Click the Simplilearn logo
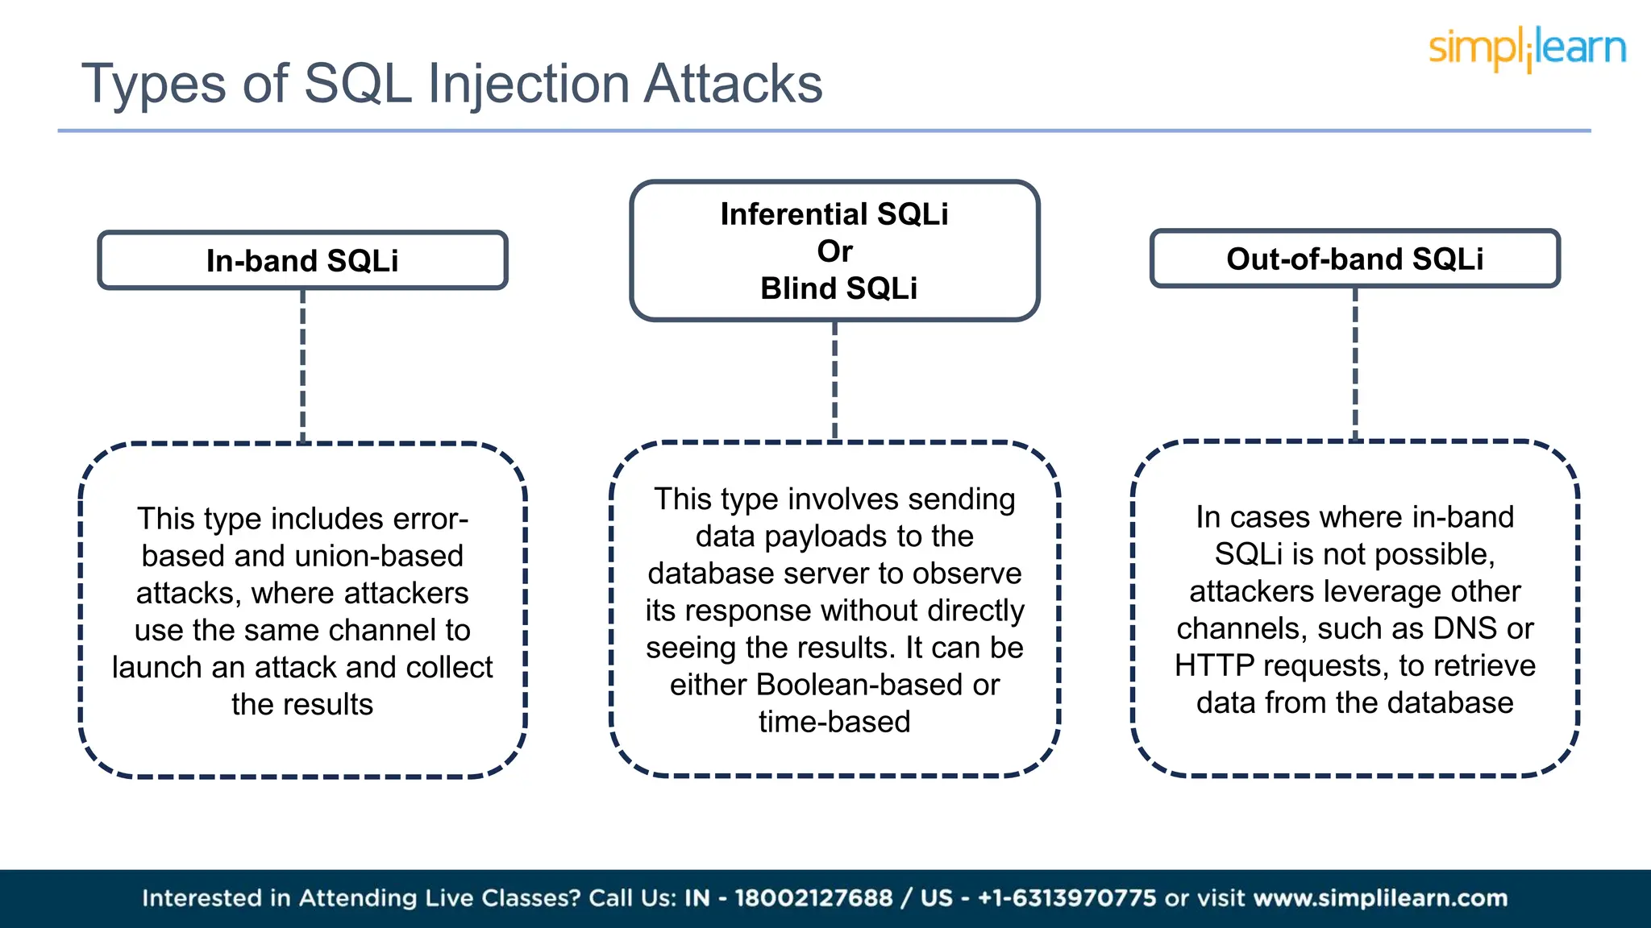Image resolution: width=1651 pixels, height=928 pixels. [1527, 48]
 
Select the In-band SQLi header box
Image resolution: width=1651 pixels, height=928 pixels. [302, 260]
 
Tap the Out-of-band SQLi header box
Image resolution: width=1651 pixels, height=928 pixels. [1354, 259]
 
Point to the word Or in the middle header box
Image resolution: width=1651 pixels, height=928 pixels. [834, 251]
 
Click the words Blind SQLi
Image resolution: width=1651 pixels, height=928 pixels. [838, 288]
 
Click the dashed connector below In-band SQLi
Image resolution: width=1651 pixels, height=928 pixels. [302, 367]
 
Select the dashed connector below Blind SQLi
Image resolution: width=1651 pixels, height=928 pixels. [834, 380]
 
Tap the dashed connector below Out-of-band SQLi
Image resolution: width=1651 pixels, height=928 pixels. [1355, 364]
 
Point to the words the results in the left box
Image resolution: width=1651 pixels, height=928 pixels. [302, 704]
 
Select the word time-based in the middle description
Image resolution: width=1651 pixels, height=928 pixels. [834, 722]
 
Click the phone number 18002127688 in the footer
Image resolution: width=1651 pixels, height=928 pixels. [813, 898]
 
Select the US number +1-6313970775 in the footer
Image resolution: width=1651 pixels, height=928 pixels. [1067, 898]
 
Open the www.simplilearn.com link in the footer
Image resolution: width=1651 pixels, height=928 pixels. [1380, 898]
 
